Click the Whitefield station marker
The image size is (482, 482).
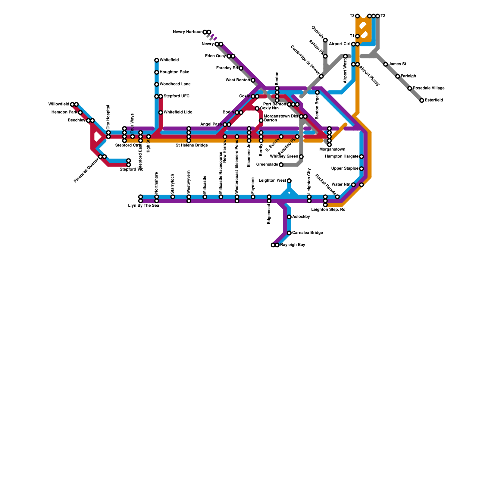(x=157, y=60)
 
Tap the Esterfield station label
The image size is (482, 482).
(x=434, y=100)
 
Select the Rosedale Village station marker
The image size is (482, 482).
(x=410, y=88)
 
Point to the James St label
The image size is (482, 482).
(x=397, y=64)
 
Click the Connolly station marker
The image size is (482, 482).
(x=325, y=40)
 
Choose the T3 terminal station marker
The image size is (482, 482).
(x=357, y=16)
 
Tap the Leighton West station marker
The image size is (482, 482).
(x=289, y=181)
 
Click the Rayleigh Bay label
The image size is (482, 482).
(x=293, y=245)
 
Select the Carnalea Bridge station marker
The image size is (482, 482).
(x=289, y=233)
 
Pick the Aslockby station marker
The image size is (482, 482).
(x=289, y=217)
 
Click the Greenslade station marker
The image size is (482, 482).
(x=281, y=165)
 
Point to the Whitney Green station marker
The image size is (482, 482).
(x=301, y=157)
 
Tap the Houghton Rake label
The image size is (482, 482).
(x=174, y=72)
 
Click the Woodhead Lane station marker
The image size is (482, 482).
(x=157, y=84)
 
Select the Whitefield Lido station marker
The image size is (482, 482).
(x=161, y=112)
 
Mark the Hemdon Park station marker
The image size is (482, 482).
(x=80, y=112)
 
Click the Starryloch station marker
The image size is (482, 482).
(x=173, y=197)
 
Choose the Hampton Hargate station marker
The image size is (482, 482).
(x=361, y=157)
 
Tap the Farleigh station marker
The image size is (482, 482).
(x=398, y=76)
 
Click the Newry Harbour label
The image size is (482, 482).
(x=187, y=32)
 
